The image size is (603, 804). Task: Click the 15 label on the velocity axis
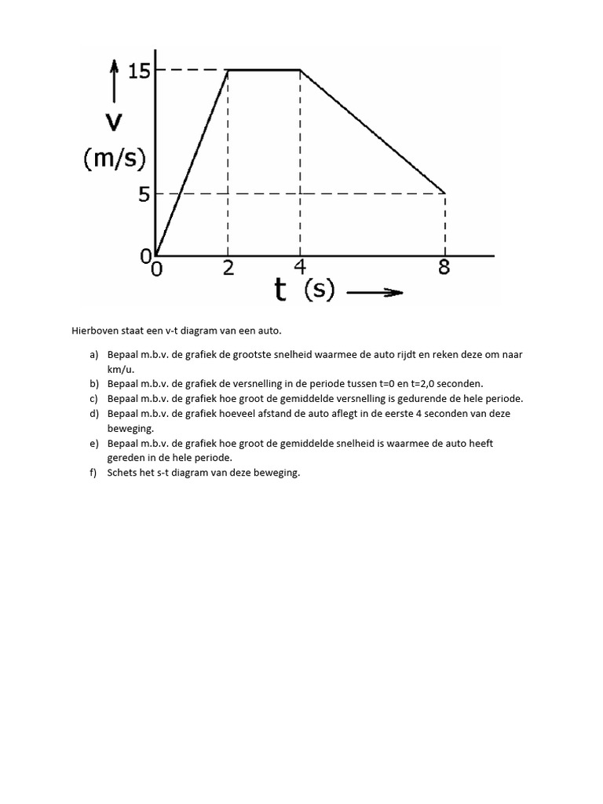pos(138,71)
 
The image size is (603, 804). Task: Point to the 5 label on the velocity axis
pos(144,194)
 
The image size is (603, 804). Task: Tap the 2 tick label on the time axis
pos(228,268)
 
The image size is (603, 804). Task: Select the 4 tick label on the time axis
pos(299,268)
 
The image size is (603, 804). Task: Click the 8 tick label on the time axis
pos(444,268)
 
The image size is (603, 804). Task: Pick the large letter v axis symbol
pos(115,122)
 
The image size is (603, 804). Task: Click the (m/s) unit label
pos(115,159)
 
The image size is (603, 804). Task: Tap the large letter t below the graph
pos(280,291)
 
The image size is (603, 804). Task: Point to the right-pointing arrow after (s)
pos(374,293)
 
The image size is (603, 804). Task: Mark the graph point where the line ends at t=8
pos(445,193)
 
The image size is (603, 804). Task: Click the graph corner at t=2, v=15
pos(228,70)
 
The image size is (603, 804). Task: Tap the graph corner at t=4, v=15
pos(300,70)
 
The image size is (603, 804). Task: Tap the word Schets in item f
pos(122,473)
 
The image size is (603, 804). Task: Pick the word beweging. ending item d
pos(130,429)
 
